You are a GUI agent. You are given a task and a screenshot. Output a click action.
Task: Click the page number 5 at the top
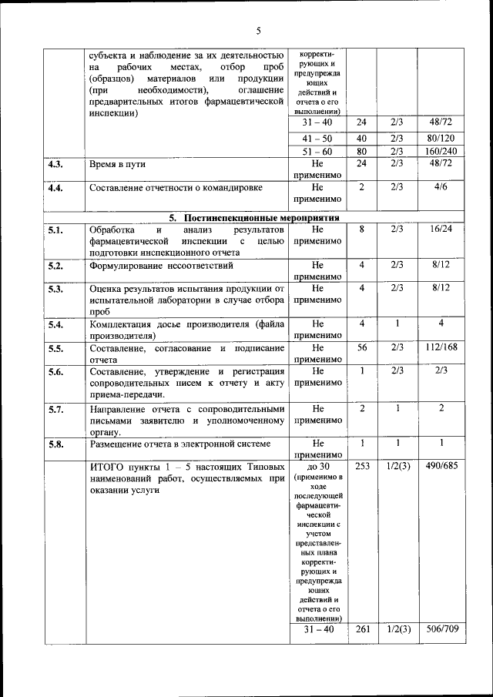[x=258, y=31]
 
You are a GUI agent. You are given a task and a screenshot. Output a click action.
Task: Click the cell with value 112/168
[x=441, y=347]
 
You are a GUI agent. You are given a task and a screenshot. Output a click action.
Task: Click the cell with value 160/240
[x=441, y=152]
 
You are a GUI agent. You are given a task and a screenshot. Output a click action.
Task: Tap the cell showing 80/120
[x=441, y=138]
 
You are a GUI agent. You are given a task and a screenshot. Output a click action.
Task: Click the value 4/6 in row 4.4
[x=441, y=186]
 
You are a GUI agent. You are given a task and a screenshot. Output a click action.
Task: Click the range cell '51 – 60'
[x=317, y=152]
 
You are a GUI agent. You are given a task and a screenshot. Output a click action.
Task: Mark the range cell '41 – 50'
[x=317, y=138]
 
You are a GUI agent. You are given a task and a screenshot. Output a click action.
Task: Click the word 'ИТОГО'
[x=109, y=467]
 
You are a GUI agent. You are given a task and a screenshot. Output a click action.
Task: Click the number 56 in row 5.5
[x=362, y=347]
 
